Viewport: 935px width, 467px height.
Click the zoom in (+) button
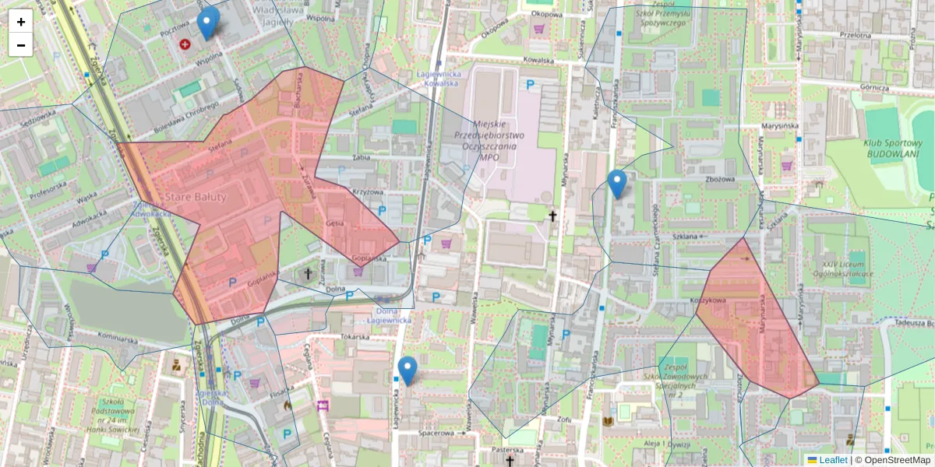(21, 22)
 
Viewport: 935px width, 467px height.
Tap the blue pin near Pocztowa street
(207, 23)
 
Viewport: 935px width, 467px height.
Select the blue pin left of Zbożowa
(617, 184)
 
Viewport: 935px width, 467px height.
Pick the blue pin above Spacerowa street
(407, 370)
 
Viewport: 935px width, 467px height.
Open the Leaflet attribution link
(832, 460)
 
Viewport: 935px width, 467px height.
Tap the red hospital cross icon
(185, 44)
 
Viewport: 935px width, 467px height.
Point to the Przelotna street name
(855, 34)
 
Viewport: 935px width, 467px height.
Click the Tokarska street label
(355, 337)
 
